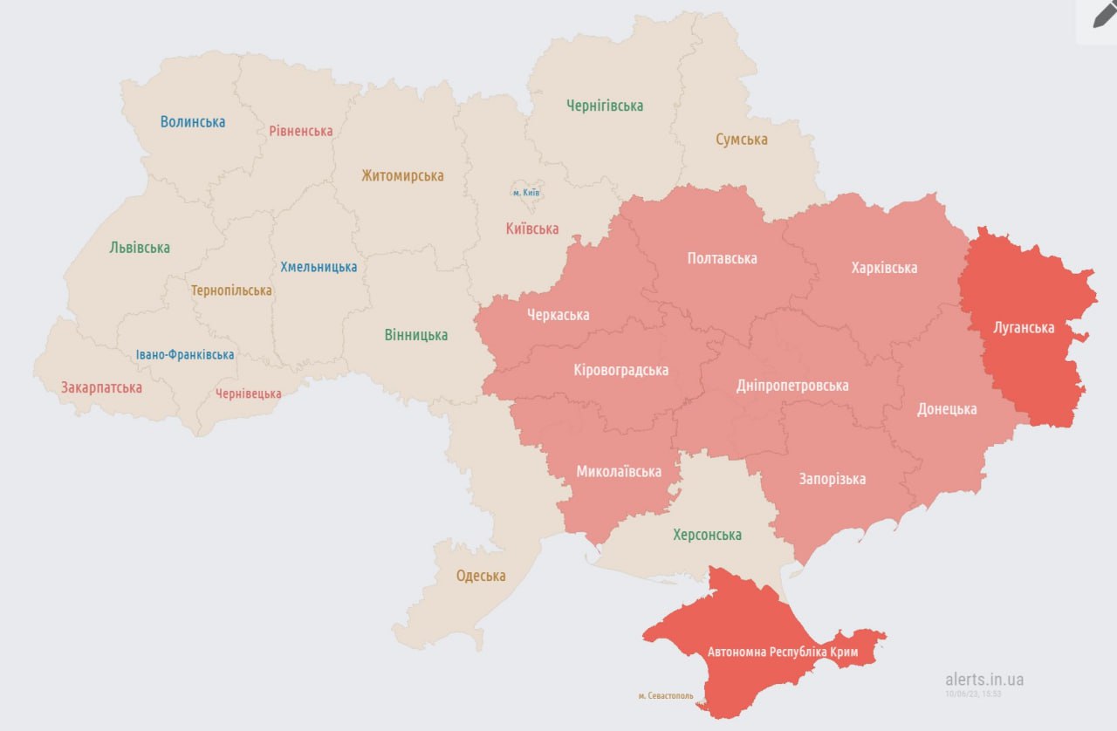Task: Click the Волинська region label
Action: tap(193, 122)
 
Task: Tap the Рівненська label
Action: tap(301, 131)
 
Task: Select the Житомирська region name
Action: tap(402, 175)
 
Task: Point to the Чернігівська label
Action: tap(605, 106)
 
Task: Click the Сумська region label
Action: tap(742, 140)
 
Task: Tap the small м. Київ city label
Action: tap(526, 192)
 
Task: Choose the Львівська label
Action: tap(140, 248)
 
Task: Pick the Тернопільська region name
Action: tap(232, 290)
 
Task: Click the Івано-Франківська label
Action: tap(185, 355)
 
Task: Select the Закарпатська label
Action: tap(101, 387)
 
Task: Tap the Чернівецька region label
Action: tap(249, 393)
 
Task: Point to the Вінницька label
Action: tap(416, 335)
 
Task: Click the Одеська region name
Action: tap(481, 576)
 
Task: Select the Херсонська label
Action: tap(707, 535)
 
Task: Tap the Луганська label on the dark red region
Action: tap(1024, 328)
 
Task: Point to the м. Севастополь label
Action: tap(666, 696)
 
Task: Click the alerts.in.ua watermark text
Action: tap(984, 680)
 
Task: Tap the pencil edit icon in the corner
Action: tap(1104, 15)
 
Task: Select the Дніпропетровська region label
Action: tap(792, 386)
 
